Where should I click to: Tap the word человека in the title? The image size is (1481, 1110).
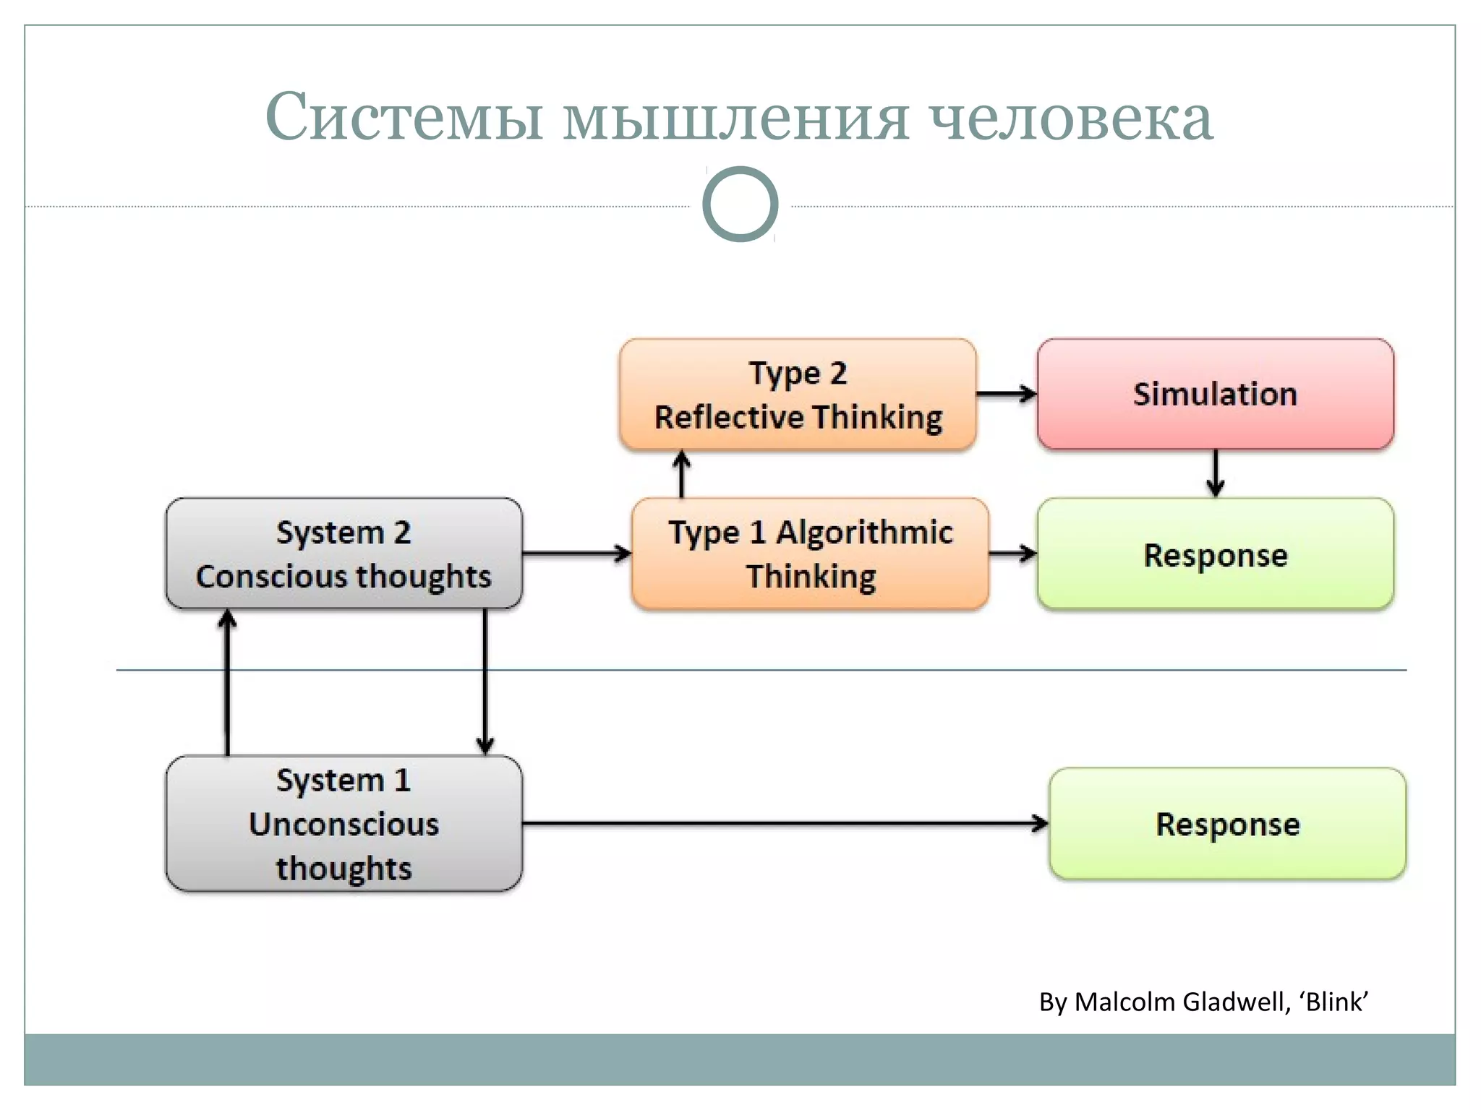coord(1071,118)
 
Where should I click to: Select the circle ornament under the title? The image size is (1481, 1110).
coord(740,204)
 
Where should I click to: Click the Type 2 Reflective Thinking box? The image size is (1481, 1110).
coord(798,395)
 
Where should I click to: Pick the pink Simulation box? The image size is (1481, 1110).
coord(1215,395)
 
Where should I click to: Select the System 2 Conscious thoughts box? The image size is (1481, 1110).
coord(343,554)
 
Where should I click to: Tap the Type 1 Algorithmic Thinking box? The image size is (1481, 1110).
coord(810,554)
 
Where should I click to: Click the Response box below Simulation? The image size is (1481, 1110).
coord(1215,554)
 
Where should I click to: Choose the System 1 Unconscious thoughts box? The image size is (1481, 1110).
coord(343,824)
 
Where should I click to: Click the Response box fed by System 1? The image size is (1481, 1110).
coord(1227,824)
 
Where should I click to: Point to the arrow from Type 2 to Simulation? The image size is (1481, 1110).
coord(1006,394)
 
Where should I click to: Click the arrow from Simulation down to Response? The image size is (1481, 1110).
coord(1215,473)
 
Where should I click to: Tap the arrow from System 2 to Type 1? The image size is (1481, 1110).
coord(576,554)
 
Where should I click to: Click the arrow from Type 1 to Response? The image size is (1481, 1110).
coord(1012,554)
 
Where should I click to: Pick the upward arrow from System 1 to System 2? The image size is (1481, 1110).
coord(228,683)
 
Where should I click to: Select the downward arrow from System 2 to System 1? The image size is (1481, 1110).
coord(485,683)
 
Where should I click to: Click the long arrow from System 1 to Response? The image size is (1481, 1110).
coord(785,823)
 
